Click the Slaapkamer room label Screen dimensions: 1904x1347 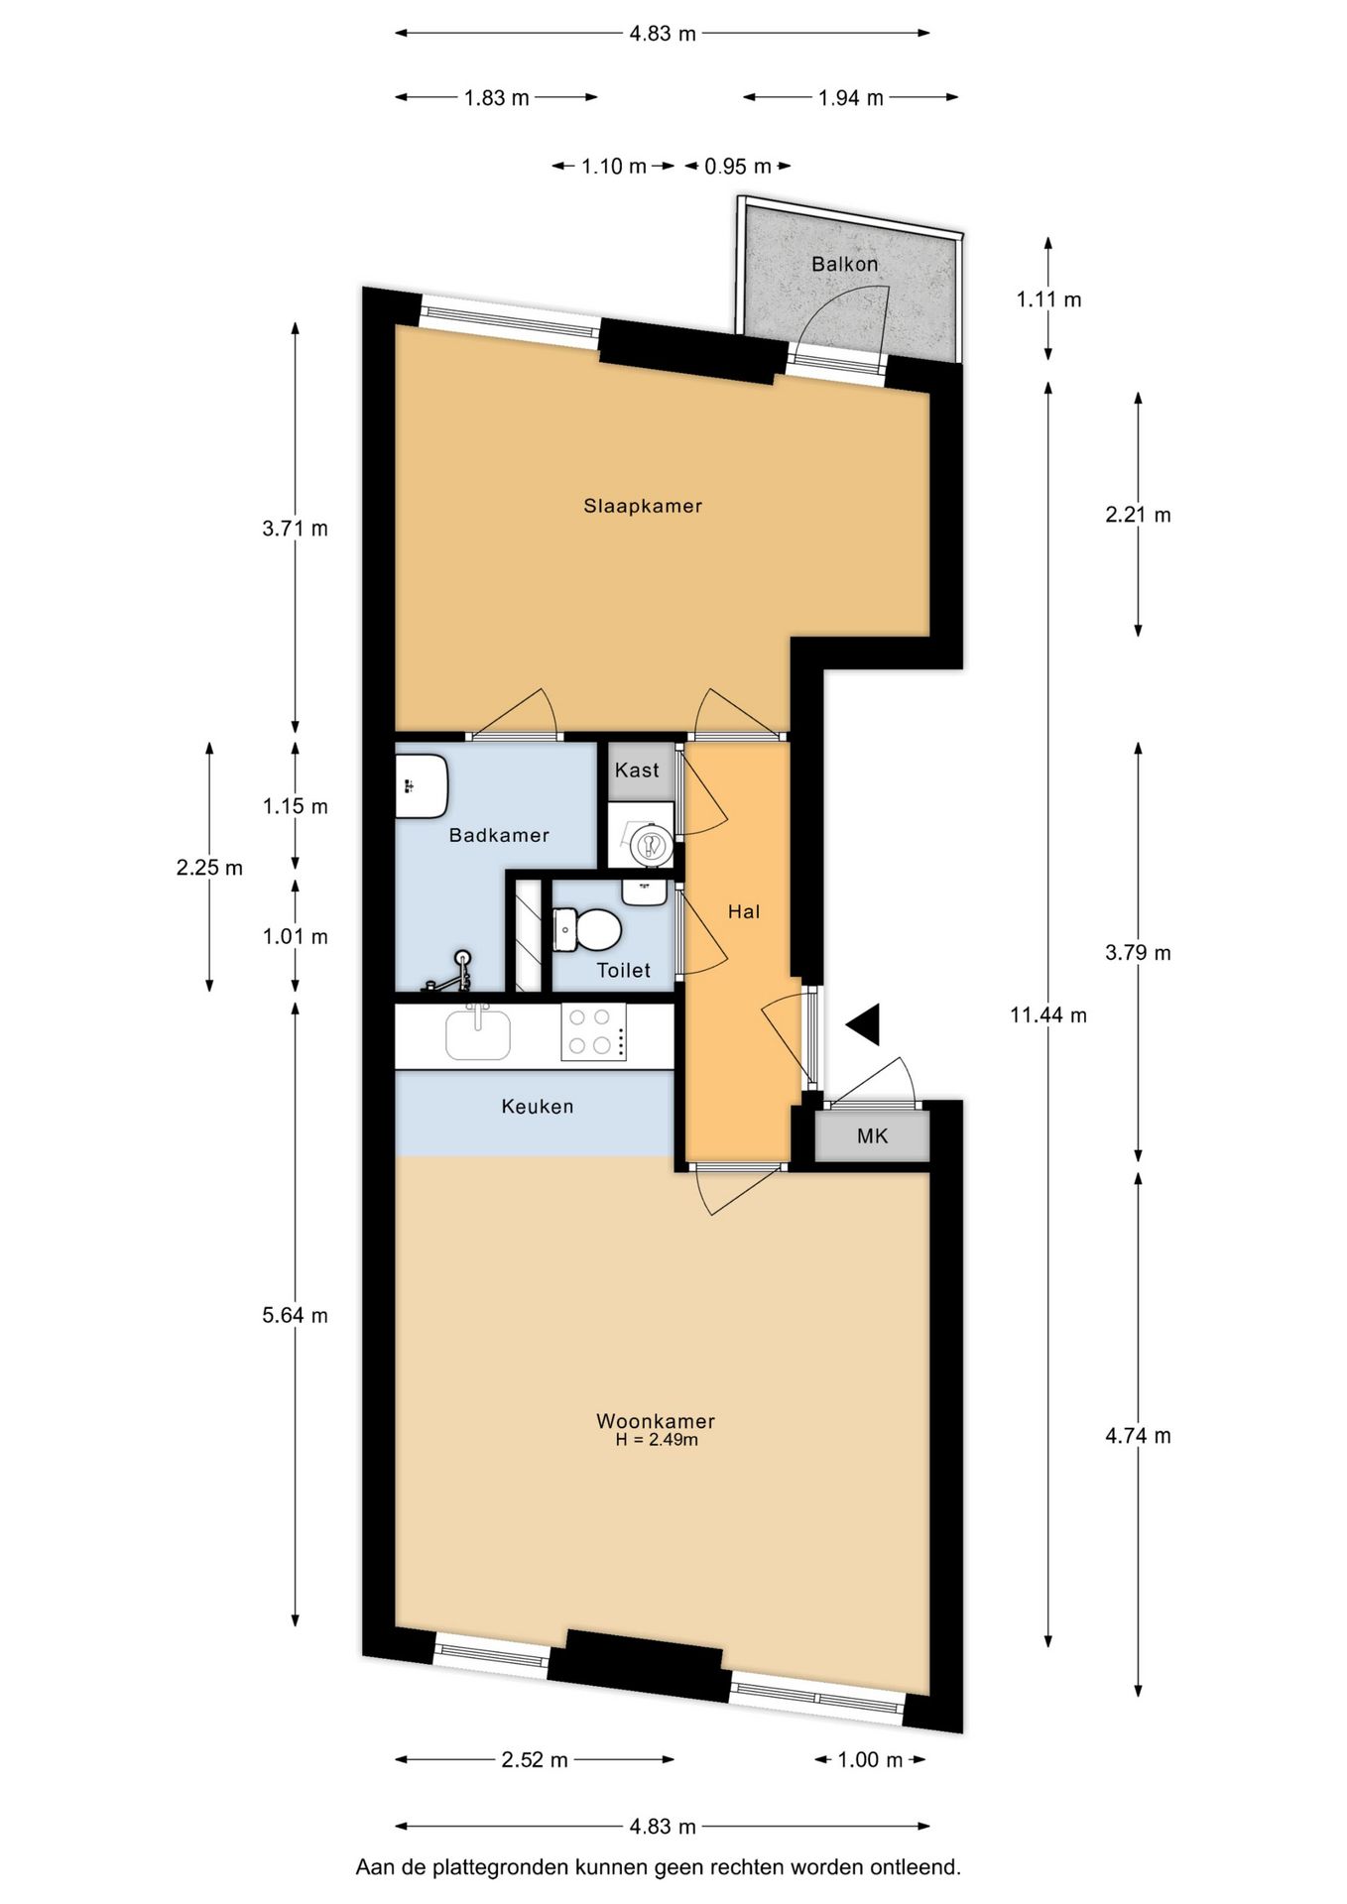coord(642,506)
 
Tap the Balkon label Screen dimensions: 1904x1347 coord(844,264)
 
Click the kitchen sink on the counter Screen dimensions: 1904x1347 coord(478,1033)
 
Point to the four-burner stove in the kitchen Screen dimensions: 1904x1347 coord(593,1031)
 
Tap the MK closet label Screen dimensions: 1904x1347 coord(872,1136)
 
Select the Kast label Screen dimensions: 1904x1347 coord(637,770)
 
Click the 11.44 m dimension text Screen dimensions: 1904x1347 coord(1047,1014)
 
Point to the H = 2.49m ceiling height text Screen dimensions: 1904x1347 coord(656,1440)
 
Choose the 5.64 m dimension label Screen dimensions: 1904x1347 coord(295,1315)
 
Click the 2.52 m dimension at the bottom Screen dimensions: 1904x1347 coord(534,1760)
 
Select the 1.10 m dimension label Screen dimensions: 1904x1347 coord(613,167)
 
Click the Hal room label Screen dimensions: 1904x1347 coord(744,911)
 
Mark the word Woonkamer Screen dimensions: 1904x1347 coord(655,1420)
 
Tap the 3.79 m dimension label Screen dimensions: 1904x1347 coord(1138,953)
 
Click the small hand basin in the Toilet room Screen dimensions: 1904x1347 coord(644,892)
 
